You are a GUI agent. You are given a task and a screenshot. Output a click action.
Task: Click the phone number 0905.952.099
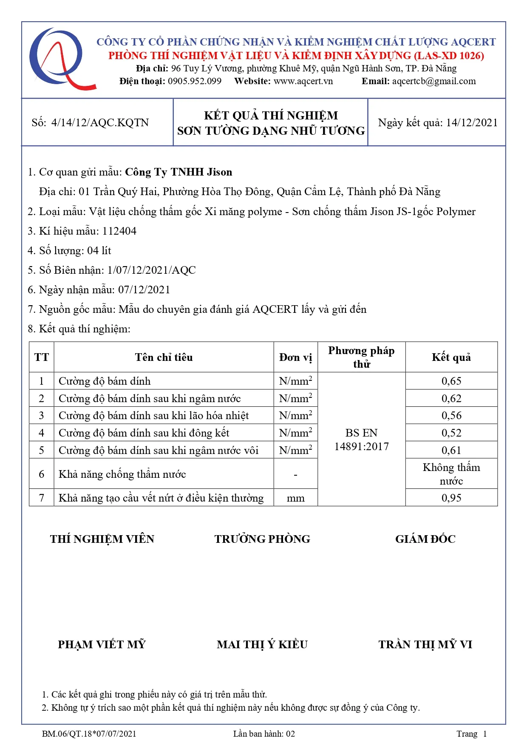click(x=194, y=81)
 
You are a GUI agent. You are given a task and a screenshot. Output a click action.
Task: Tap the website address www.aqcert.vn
click(x=303, y=81)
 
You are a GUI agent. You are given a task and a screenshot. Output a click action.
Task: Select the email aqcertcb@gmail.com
click(x=433, y=81)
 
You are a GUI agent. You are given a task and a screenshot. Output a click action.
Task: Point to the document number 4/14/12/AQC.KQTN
click(x=100, y=123)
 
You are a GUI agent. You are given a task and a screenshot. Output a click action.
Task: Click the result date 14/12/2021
click(x=472, y=123)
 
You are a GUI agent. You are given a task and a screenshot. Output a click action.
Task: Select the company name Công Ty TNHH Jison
click(x=178, y=172)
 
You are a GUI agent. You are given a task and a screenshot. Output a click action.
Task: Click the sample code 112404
click(x=119, y=231)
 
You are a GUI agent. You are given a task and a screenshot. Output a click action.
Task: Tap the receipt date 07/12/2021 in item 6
click(x=144, y=290)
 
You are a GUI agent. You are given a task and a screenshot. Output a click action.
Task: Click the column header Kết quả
click(x=451, y=357)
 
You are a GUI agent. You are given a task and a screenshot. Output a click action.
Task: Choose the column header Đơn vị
click(x=295, y=357)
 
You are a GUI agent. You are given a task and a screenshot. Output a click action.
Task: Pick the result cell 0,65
click(x=451, y=381)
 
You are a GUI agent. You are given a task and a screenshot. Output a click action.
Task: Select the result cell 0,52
click(x=451, y=433)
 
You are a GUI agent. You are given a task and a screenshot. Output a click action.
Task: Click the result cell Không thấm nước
click(x=451, y=474)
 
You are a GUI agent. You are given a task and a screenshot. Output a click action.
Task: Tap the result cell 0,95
click(x=451, y=498)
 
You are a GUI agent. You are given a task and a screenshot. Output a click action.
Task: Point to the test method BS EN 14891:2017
click(x=361, y=440)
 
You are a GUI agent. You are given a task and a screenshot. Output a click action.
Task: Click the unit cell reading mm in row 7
click(x=295, y=498)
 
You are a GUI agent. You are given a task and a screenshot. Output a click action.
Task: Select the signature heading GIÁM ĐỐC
click(x=425, y=539)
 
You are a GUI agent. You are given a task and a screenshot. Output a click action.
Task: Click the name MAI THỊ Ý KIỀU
click(x=262, y=644)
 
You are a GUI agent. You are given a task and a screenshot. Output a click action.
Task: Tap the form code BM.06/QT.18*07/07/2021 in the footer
click(x=89, y=734)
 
